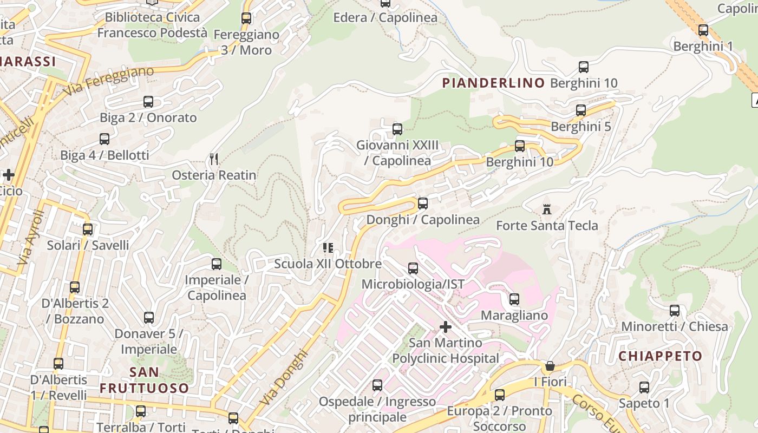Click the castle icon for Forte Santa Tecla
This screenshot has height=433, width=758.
(x=547, y=209)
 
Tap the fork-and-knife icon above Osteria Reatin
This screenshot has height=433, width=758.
(x=214, y=159)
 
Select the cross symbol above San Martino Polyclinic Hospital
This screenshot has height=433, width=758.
(x=445, y=327)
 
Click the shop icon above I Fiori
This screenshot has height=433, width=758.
(x=550, y=366)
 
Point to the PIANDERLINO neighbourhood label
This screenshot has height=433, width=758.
(x=493, y=83)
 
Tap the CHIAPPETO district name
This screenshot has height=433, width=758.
(x=660, y=356)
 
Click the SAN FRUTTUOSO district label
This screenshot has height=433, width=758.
(x=144, y=380)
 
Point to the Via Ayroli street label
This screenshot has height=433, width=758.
(x=30, y=238)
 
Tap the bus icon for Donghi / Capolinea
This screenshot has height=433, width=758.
(x=423, y=204)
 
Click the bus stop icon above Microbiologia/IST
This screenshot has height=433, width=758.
(x=413, y=268)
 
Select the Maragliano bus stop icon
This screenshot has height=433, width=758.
(x=514, y=299)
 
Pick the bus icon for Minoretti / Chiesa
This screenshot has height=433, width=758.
(x=674, y=310)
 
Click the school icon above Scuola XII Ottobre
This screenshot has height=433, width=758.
(x=328, y=248)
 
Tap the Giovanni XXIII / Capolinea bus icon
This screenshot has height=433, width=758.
(x=397, y=129)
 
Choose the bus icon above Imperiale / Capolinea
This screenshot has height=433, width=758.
(x=216, y=264)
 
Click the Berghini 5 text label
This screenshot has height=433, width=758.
(x=580, y=127)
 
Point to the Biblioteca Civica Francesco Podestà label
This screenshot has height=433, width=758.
(x=152, y=25)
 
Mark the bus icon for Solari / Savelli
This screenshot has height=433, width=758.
(x=88, y=229)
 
